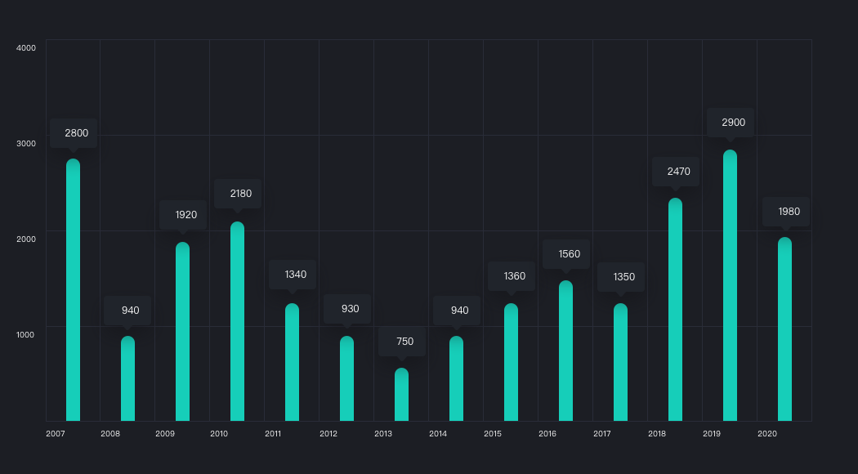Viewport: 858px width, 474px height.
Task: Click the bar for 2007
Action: pyautogui.click(x=73, y=290)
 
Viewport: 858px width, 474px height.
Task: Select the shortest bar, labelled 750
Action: pyautogui.click(x=401, y=395)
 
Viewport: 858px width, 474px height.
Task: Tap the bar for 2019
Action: pyautogui.click(x=730, y=285)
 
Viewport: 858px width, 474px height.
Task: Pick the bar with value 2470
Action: pyautogui.click(x=675, y=310)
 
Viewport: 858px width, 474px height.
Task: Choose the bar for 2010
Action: pyautogui.click(x=237, y=321)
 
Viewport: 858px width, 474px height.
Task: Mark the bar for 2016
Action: pyautogui.click(x=565, y=351)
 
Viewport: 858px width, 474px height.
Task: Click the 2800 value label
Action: pyautogui.click(x=76, y=133)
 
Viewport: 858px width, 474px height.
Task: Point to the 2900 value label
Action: pyautogui.click(x=733, y=123)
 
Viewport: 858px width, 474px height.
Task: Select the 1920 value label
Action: pyautogui.click(x=185, y=215)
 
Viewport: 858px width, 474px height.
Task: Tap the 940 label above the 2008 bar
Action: pyautogui.click(x=130, y=311)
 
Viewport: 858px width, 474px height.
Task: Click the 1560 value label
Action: pyautogui.click(x=569, y=254)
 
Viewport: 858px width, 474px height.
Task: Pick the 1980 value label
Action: pyautogui.click(x=789, y=212)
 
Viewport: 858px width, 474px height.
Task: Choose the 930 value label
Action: pyautogui.click(x=350, y=309)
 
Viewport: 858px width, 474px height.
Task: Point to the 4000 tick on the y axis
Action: pyautogui.click(x=26, y=48)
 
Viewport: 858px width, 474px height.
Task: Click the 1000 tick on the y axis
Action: pyautogui.click(x=26, y=334)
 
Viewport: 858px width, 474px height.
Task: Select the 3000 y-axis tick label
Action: pyautogui.click(x=26, y=144)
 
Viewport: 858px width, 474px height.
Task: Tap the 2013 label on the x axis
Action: pyautogui.click(x=383, y=433)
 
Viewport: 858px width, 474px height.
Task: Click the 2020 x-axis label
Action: pyautogui.click(x=766, y=433)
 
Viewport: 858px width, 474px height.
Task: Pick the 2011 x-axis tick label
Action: pyautogui.click(x=274, y=433)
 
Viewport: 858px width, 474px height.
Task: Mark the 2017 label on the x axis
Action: pyautogui.click(x=602, y=433)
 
